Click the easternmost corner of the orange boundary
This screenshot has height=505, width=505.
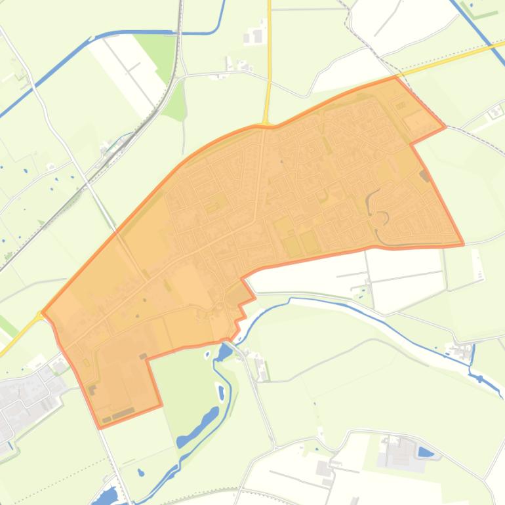tap(464, 244)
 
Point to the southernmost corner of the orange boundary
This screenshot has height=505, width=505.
tap(100, 427)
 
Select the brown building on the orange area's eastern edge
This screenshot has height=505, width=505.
tap(425, 175)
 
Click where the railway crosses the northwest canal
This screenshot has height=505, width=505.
tap(176, 31)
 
